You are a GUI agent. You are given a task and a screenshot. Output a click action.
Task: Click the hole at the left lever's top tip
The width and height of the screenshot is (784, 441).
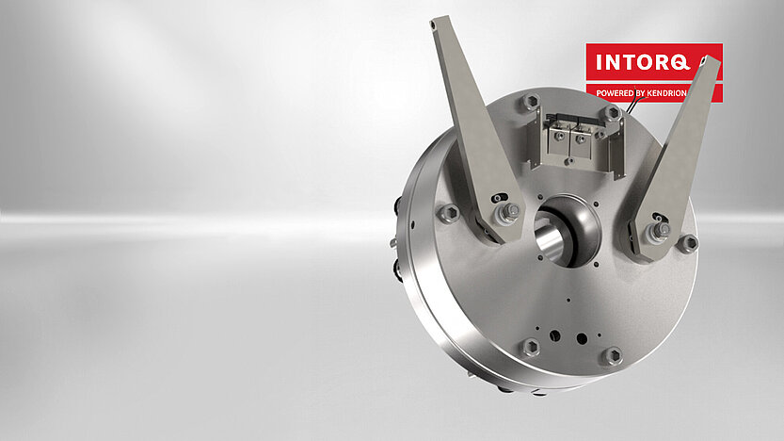click(x=435, y=24)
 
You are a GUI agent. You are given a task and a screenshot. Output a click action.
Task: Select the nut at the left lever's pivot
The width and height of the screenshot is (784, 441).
click(x=509, y=214)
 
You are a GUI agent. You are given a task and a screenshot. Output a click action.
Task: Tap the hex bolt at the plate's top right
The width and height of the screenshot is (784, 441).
click(x=612, y=112)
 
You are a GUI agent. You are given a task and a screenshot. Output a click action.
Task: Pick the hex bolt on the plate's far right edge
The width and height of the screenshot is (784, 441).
click(x=688, y=242)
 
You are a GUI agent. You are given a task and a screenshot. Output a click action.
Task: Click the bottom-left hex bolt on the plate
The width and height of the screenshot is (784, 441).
click(x=531, y=347)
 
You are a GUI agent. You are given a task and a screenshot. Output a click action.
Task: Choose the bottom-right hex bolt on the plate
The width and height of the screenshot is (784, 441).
click(x=612, y=356)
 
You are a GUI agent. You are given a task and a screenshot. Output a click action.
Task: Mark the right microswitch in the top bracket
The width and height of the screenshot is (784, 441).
click(x=584, y=139)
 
